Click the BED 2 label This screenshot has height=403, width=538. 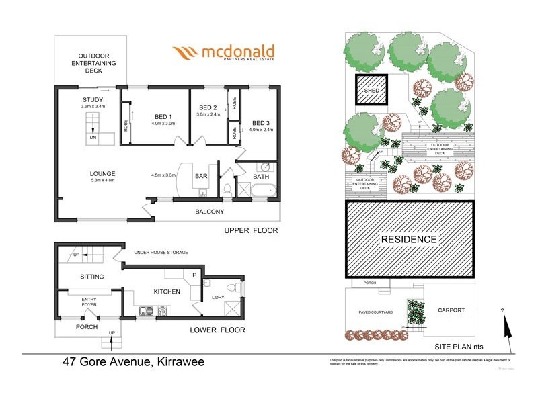click(208, 107)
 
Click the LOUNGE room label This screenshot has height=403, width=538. click(103, 172)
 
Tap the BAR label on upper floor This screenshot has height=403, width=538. click(200, 177)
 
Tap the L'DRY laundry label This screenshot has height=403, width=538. click(219, 297)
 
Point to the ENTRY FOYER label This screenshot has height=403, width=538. click(89, 302)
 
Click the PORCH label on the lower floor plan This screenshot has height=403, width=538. click(87, 327)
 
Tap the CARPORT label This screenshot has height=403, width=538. click(450, 310)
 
